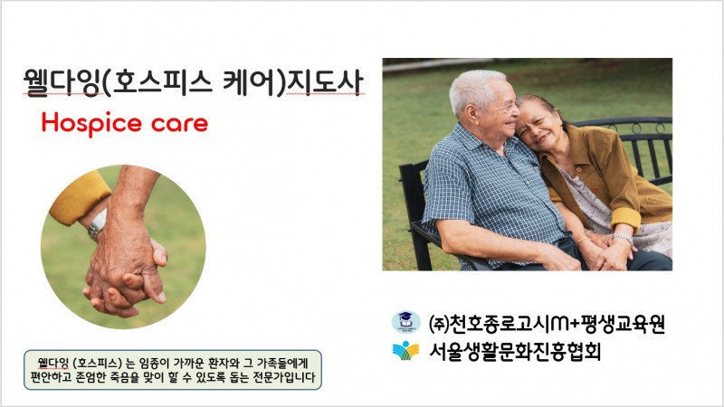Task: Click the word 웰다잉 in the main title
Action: [62, 82]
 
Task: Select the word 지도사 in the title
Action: [324, 82]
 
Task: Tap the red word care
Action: [179, 124]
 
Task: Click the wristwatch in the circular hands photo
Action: [98, 224]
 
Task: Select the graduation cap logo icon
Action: [405, 322]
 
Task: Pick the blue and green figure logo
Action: [405, 351]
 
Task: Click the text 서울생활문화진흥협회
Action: [515, 352]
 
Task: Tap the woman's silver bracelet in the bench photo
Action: [623, 237]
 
